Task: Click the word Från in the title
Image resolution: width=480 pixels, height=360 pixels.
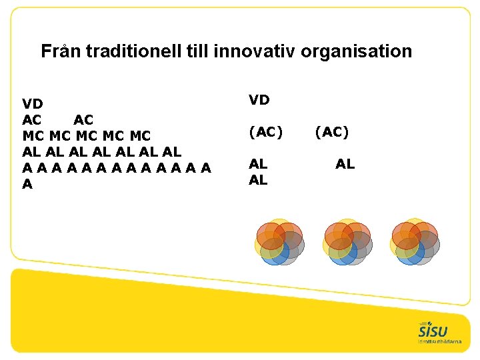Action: click(58, 51)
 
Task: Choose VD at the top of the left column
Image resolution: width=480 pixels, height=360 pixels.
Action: click(33, 104)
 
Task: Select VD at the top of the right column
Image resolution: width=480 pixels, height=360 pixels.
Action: click(259, 100)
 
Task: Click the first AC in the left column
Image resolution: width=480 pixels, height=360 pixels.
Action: click(32, 120)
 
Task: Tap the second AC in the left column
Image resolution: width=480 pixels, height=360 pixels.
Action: click(83, 120)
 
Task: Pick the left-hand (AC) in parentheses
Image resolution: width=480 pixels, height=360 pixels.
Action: click(265, 132)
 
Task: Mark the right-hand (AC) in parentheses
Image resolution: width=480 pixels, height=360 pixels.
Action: click(332, 132)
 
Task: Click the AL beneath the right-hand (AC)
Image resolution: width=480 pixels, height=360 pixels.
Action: click(345, 164)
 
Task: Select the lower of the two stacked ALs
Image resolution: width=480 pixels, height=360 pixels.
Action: click(258, 180)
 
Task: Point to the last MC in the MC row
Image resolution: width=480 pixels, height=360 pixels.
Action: click(140, 136)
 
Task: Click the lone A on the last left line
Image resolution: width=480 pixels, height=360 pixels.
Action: click(27, 184)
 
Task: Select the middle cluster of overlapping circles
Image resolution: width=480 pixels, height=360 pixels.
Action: click(347, 242)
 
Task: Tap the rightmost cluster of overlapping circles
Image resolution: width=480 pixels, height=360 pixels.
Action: click(415, 242)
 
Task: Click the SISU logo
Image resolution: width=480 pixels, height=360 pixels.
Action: click(433, 332)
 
